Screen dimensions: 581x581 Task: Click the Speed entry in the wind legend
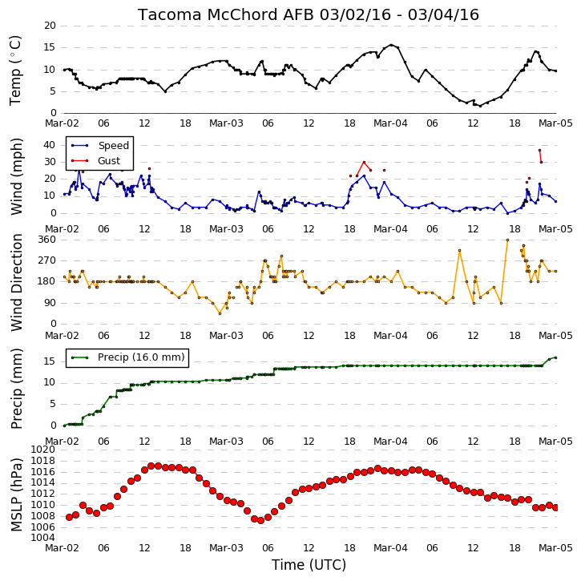coord(113,146)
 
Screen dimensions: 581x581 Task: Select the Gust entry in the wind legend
coord(109,161)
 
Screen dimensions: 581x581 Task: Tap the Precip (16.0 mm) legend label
coord(141,357)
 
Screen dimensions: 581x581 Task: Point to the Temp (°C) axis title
coord(15,71)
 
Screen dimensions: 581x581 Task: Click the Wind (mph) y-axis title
coord(16,176)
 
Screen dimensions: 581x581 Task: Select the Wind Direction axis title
coord(16,283)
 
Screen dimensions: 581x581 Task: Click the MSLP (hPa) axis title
coord(16,495)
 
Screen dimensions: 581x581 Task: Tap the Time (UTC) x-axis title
coord(309,565)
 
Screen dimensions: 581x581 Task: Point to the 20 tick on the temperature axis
coord(50,26)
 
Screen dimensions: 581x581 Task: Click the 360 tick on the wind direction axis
coord(47,240)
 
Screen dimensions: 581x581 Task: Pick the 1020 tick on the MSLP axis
coord(43,450)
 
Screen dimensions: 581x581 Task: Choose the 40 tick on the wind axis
coord(50,145)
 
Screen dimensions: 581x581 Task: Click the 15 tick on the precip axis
coord(50,361)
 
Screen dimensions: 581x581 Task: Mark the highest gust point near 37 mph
coord(539,150)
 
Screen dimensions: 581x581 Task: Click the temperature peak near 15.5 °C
coord(391,45)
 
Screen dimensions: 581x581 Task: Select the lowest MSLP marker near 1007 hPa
coord(261,520)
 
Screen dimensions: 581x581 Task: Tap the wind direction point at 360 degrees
coord(507,240)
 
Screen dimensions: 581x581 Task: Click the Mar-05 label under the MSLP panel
coord(555,547)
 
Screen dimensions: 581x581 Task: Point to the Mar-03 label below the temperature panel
coord(227,123)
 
